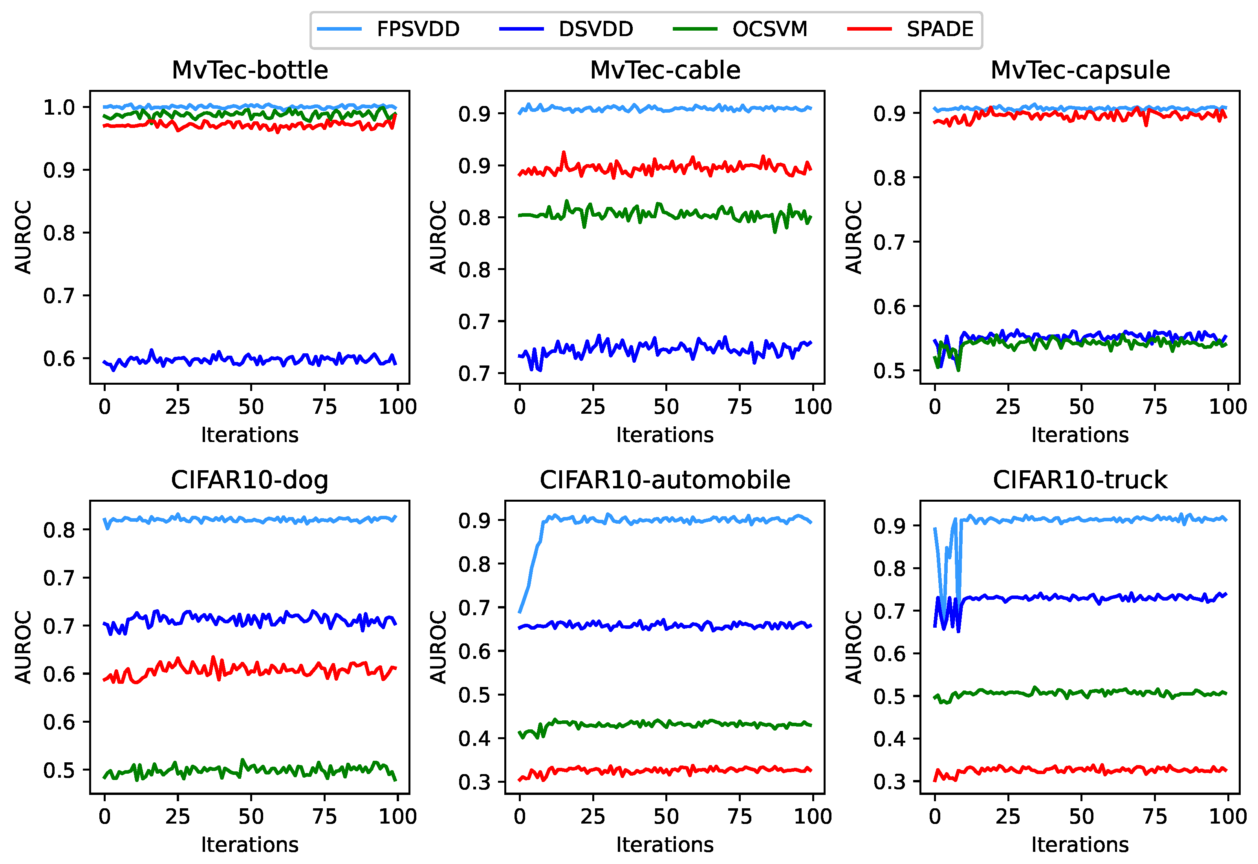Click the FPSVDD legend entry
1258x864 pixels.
click(417, 29)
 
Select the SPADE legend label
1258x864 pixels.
click(939, 29)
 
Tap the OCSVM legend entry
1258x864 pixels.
click(769, 29)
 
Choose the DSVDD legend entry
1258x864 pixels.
click(596, 29)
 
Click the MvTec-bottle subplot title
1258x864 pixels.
click(250, 70)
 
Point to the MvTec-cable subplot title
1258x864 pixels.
click(665, 70)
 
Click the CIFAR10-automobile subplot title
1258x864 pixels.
click(665, 480)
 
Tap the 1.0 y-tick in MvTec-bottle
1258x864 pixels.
click(59, 107)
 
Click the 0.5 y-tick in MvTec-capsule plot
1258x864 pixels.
click(889, 371)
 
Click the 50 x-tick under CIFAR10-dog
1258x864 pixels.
click(251, 817)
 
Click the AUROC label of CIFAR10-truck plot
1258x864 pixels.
click(853, 647)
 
